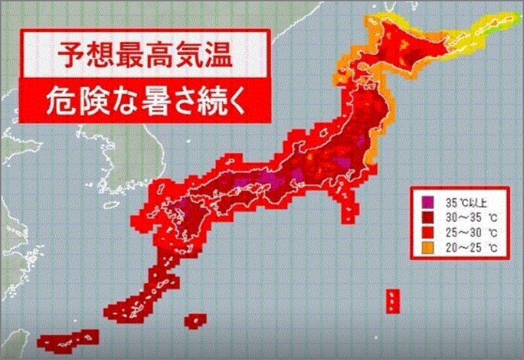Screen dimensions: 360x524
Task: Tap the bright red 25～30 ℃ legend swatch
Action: pyautogui.click(x=426, y=232)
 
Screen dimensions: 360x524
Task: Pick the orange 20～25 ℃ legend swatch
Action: pyautogui.click(x=426, y=247)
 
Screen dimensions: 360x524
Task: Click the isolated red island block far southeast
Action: pyautogui.click(x=393, y=300)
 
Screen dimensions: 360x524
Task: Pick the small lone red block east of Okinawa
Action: pyautogui.click(x=194, y=321)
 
